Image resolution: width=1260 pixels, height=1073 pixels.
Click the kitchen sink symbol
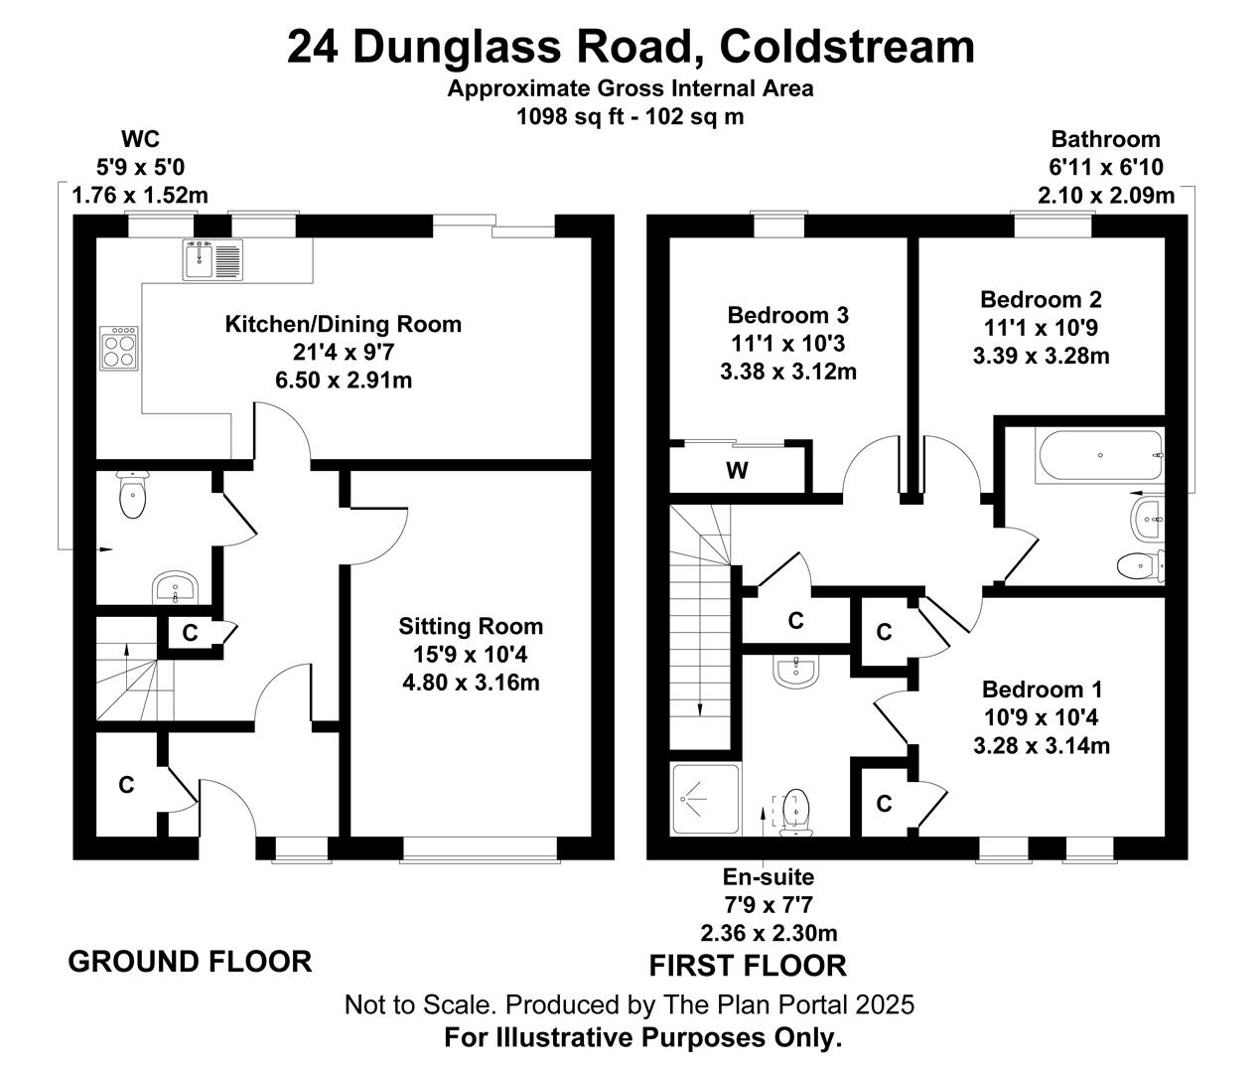(x=212, y=260)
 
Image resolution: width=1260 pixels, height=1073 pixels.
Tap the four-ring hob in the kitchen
(x=119, y=348)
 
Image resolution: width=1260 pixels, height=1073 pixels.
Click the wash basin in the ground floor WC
(x=175, y=587)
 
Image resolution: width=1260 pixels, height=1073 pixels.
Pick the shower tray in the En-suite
(x=705, y=799)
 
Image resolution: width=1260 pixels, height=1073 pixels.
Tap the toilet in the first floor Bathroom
(x=1141, y=565)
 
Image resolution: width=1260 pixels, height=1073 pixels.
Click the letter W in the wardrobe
(x=737, y=470)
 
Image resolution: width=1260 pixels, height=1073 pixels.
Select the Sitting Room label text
(x=471, y=627)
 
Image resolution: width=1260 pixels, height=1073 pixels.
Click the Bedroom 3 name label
(x=787, y=315)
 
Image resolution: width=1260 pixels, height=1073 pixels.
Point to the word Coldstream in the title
(x=847, y=47)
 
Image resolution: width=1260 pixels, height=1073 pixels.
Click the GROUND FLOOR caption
(x=191, y=962)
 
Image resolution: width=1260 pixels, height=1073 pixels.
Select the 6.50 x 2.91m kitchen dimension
(x=344, y=381)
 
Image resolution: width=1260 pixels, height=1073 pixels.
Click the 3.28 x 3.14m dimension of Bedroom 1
(x=1042, y=745)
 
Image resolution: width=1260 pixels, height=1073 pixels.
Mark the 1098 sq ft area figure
(x=571, y=116)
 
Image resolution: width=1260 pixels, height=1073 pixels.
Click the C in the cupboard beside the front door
(x=126, y=785)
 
